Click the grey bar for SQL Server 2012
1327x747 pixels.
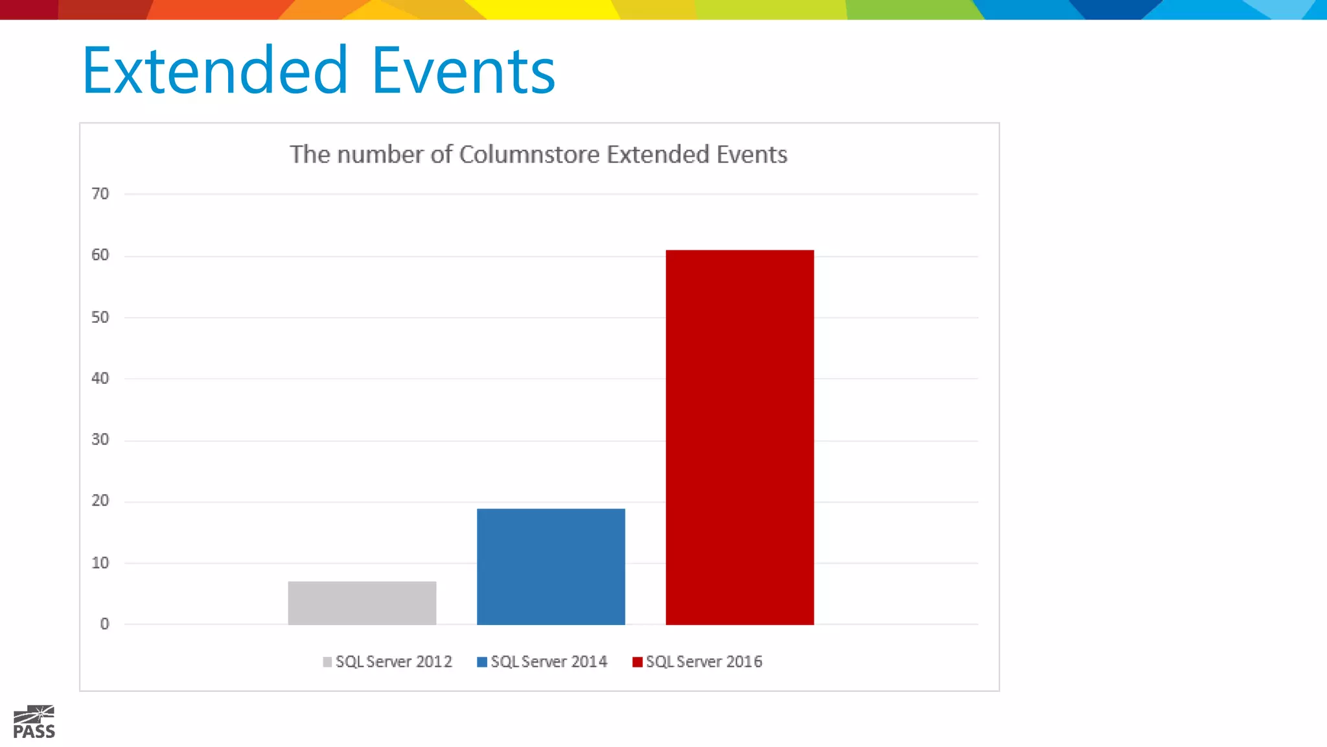(x=362, y=603)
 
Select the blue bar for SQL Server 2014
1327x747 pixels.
(x=551, y=567)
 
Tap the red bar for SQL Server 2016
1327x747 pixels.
(x=739, y=437)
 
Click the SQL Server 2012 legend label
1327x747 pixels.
(x=393, y=661)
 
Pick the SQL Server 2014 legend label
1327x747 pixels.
(x=549, y=661)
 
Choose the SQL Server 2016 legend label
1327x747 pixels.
(x=704, y=661)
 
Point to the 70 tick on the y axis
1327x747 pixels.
(x=100, y=193)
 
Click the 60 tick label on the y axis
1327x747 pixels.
(x=100, y=255)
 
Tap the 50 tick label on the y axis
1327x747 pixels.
(x=100, y=317)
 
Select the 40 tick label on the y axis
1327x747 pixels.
(x=100, y=378)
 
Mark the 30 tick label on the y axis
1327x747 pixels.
(x=100, y=440)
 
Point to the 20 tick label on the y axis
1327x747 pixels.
(x=100, y=501)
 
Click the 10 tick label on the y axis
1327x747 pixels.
(x=100, y=563)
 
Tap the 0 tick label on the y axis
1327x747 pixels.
(x=104, y=624)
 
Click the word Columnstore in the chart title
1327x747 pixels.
(x=529, y=154)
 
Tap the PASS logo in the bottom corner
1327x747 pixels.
(x=34, y=722)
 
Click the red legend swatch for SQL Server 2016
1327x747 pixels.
(x=638, y=662)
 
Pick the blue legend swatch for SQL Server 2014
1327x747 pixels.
(x=482, y=662)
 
